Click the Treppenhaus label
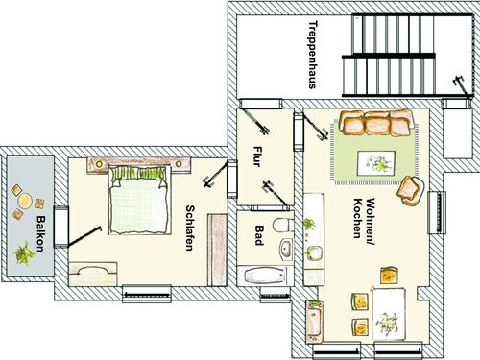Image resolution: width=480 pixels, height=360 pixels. coord(312,55)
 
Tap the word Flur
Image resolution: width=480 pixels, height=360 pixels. coord(257,156)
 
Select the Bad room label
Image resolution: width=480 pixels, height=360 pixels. coord(259,235)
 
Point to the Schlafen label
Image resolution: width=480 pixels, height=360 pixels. coord(190,228)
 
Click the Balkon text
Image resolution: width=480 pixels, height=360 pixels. coord(40,234)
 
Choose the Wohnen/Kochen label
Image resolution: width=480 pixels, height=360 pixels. coord(365,218)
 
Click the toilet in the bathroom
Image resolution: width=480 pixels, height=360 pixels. coord(283,225)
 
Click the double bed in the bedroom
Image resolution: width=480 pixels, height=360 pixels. coord(138,201)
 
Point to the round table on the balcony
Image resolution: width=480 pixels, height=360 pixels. coord(25,201)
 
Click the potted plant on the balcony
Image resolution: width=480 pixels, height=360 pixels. coord(24,253)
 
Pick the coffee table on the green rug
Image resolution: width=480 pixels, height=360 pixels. coord(376,163)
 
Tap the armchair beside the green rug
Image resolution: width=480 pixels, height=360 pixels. coord(411,191)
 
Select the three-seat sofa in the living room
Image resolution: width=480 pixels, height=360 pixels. coord(377,123)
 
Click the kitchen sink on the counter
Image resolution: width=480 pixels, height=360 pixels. coord(314,253)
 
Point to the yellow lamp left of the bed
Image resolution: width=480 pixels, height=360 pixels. coord(99,164)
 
